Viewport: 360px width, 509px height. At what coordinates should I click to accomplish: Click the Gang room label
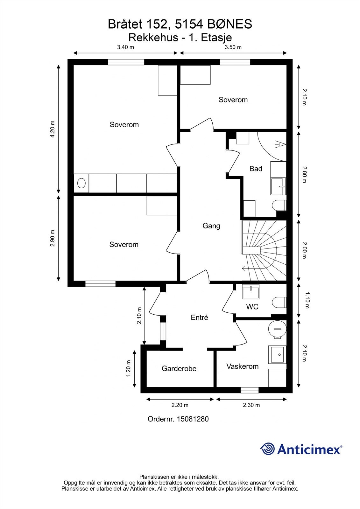tap(211, 226)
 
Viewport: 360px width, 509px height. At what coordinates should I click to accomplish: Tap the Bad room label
tap(256, 169)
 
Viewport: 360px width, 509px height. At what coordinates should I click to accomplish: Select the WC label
tap(252, 307)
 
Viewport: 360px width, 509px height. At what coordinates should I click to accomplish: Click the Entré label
tap(200, 317)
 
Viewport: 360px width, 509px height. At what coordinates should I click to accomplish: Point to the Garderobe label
tap(179, 368)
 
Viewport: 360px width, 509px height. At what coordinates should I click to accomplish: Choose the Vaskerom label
tap(243, 366)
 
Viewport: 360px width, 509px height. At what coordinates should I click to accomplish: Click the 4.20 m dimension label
tap(52, 129)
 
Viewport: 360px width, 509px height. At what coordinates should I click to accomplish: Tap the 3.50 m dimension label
tap(233, 47)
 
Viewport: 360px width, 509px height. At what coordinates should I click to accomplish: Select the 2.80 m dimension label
tap(304, 175)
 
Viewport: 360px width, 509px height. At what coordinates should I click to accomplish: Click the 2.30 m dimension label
tap(251, 405)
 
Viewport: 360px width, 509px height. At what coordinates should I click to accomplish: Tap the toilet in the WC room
tap(279, 302)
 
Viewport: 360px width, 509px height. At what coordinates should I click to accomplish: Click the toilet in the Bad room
tap(279, 205)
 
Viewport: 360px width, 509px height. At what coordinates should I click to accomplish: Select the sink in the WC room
tap(251, 291)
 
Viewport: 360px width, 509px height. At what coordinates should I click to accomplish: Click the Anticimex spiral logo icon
tap(267, 449)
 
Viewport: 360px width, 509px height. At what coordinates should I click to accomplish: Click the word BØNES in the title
tap(230, 24)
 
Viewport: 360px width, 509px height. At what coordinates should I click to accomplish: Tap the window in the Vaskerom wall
tap(250, 390)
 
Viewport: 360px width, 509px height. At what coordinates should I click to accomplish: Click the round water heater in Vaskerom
tap(277, 329)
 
